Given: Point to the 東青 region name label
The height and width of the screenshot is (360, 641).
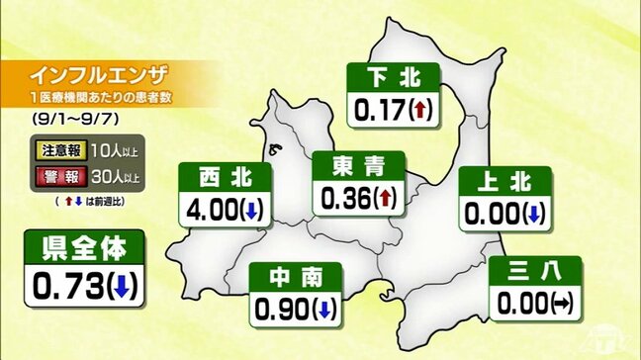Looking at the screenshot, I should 354,165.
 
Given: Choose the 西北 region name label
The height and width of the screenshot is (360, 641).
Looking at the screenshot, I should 225,178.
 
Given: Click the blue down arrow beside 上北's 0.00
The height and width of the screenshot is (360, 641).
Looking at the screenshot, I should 533,212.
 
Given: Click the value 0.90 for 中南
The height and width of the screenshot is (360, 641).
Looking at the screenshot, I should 282,310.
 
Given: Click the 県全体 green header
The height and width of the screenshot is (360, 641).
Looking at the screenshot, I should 85,246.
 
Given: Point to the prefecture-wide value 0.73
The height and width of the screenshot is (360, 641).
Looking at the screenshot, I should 69,287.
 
